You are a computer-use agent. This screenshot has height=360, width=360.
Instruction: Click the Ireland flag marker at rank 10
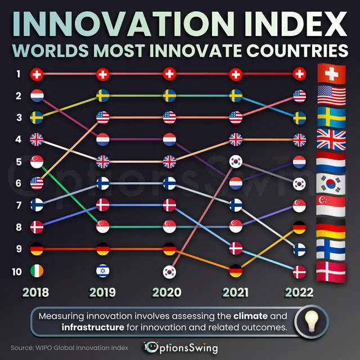(x=37, y=271)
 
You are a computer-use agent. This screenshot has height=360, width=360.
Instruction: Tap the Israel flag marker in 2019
(x=103, y=271)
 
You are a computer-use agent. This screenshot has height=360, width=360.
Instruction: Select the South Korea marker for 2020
(x=169, y=271)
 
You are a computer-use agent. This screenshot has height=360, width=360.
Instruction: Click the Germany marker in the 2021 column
(x=236, y=271)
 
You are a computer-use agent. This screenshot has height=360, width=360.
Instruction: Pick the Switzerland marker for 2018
(x=37, y=74)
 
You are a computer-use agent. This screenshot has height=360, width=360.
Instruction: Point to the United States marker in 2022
(x=300, y=96)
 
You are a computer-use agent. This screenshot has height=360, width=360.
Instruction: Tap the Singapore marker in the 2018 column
(x=37, y=161)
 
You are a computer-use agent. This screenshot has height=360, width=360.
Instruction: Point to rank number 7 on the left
(x=18, y=205)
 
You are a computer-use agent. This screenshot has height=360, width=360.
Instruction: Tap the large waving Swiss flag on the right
(x=331, y=74)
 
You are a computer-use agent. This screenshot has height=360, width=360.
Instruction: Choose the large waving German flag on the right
(x=331, y=228)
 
